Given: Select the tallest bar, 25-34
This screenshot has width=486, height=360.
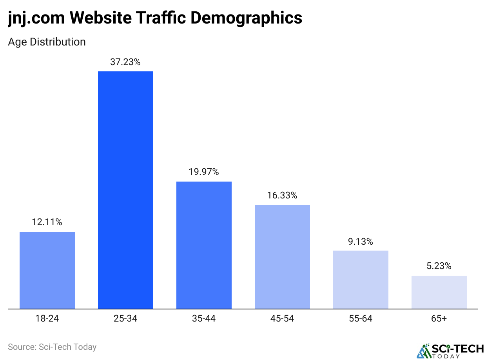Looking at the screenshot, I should click(x=125, y=190).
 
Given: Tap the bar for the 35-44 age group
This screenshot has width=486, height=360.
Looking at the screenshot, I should click(x=204, y=245).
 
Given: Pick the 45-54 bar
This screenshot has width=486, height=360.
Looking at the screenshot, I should click(x=282, y=256).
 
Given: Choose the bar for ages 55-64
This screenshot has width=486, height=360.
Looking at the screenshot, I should click(x=361, y=279).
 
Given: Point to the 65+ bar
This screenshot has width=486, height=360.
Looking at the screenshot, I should click(x=439, y=292).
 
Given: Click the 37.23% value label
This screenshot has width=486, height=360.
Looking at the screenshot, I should click(x=125, y=62).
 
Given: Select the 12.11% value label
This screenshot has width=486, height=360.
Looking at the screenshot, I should click(x=47, y=222).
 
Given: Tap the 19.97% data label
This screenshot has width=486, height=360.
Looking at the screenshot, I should click(x=204, y=172).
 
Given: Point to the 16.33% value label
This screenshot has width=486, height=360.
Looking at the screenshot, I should click(x=282, y=195).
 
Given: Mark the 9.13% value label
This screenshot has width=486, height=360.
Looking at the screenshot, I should click(x=361, y=242).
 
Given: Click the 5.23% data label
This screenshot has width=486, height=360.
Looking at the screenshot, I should click(x=439, y=266).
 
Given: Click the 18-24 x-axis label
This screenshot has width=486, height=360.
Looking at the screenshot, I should click(x=47, y=318).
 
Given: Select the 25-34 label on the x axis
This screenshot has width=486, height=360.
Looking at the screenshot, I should click(x=125, y=318).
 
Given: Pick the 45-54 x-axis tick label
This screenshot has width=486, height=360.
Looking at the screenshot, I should click(x=282, y=318).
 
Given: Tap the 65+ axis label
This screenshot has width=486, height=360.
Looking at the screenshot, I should click(x=439, y=318).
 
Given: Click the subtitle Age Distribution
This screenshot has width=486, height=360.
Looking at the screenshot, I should click(x=47, y=42).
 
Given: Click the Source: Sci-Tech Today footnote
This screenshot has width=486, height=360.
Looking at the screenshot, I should click(x=52, y=347).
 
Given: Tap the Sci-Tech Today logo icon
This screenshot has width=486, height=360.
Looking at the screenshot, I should click(x=423, y=350).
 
